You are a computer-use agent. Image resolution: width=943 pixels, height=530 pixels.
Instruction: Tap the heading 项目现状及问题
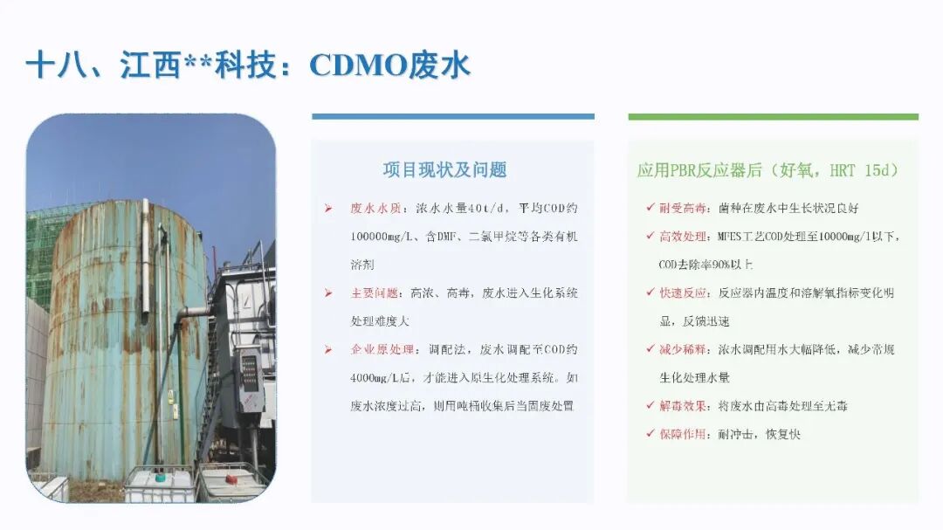tap(445, 170)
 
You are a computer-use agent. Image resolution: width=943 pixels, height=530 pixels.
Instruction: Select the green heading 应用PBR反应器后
tap(699, 171)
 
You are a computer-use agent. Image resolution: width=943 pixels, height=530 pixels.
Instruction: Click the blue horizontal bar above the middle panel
tap(453, 117)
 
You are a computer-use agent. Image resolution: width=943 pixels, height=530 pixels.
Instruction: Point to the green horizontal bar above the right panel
tap(774, 117)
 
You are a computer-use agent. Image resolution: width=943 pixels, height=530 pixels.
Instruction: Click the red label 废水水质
tap(375, 208)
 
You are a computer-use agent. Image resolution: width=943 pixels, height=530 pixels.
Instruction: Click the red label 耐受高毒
tap(683, 208)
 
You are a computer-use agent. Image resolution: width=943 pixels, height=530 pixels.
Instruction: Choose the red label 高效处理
tap(683, 237)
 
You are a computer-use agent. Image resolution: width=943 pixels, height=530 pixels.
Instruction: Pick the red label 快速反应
tap(683, 293)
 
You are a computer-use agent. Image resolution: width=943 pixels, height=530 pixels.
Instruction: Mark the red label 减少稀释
tap(683, 349)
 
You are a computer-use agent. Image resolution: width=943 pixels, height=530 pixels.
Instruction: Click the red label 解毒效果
tap(683, 406)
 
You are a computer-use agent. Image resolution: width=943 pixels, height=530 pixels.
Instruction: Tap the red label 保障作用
tap(683, 434)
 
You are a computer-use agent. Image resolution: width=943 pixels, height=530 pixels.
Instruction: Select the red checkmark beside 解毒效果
tap(650, 405)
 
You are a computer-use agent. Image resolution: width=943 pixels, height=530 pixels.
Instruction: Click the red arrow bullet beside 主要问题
tap(328, 293)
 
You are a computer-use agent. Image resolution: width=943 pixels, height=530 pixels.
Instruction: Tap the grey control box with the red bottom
tap(249, 380)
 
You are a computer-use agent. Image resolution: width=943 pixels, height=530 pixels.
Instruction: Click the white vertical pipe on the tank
tap(146, 258)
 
